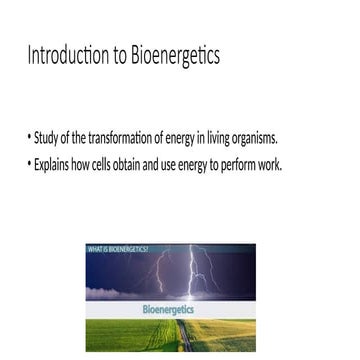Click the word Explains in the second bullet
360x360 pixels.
click(54, 165)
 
